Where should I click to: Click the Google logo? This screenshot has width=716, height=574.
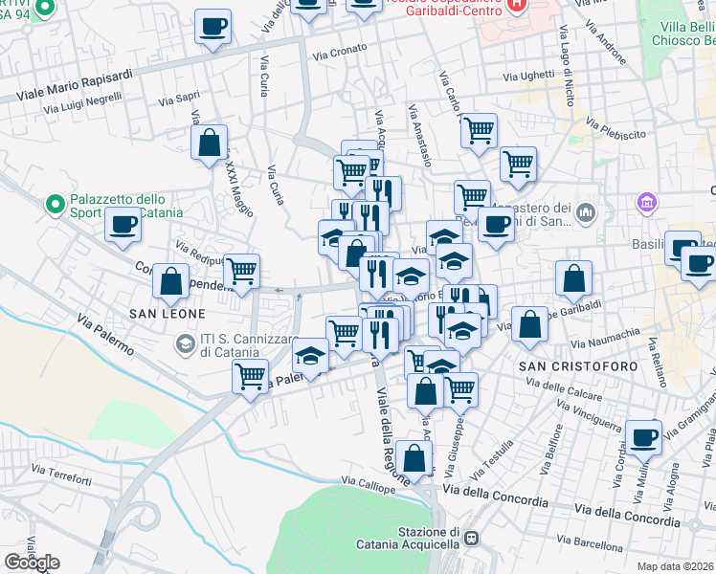coord(32,563)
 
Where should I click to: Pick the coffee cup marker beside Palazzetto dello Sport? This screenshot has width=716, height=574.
coord(123,226)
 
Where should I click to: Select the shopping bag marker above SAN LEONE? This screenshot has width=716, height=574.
coord(170,281)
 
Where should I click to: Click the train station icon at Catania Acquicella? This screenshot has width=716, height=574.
coord(470,539)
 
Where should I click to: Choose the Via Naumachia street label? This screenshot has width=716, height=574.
coord(603,337)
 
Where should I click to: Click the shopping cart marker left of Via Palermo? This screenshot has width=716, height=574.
coord(250,375)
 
